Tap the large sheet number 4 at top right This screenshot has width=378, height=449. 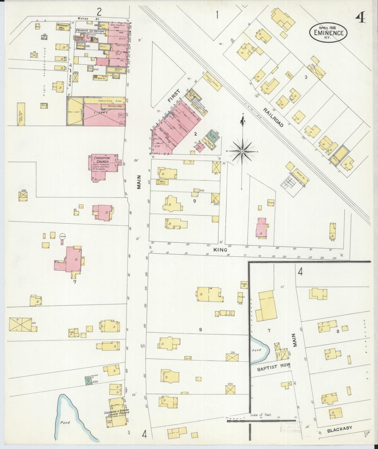[x=361, y=18]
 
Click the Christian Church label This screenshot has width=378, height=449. [x=102, y=160]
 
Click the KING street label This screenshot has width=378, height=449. [x=220, y=250]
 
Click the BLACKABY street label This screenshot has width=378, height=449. [x=339, y=429]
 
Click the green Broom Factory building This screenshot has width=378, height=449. [x=89, y=381]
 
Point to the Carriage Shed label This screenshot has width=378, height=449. [x=104, y=101]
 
